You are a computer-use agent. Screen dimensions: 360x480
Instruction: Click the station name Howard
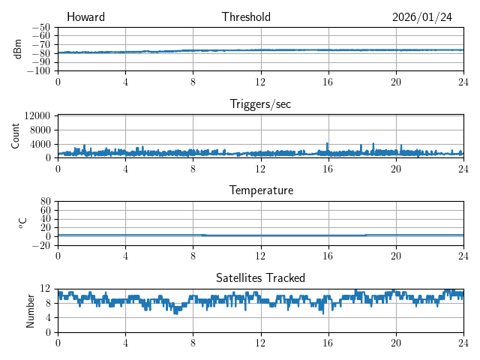[x=85, y=17]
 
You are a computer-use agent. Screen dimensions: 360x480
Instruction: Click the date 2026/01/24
[x=421, y=17]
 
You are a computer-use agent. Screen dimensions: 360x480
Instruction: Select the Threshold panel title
[x=246, y=17]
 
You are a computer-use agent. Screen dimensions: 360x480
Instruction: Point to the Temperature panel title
[x=261, y=190]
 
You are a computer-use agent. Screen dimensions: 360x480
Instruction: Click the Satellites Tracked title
[x=260, y=277]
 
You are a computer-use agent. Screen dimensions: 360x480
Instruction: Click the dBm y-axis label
[x=17, y=48]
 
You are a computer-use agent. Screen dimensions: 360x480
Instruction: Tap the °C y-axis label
[x=22, y=222]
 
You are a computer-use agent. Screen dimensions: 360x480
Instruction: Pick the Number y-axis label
[x=30, y=309]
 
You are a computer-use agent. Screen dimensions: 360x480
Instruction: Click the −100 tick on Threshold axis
[x=40, y=70]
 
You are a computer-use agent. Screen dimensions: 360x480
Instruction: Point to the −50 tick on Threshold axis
[x=42, y=27]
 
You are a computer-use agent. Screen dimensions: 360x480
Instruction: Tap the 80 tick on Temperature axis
[x=46, y=202]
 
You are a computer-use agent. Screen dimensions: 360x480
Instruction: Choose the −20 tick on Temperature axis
[x=42, y=245]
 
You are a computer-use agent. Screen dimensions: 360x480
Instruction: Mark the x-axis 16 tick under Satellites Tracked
[x=328, y=342]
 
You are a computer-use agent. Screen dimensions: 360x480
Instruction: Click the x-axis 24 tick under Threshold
[x=463, y=81]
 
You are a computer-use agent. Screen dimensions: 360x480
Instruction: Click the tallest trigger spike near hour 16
[x=327, y=143]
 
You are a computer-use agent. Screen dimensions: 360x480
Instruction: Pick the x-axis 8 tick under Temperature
[x=193, y=255]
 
